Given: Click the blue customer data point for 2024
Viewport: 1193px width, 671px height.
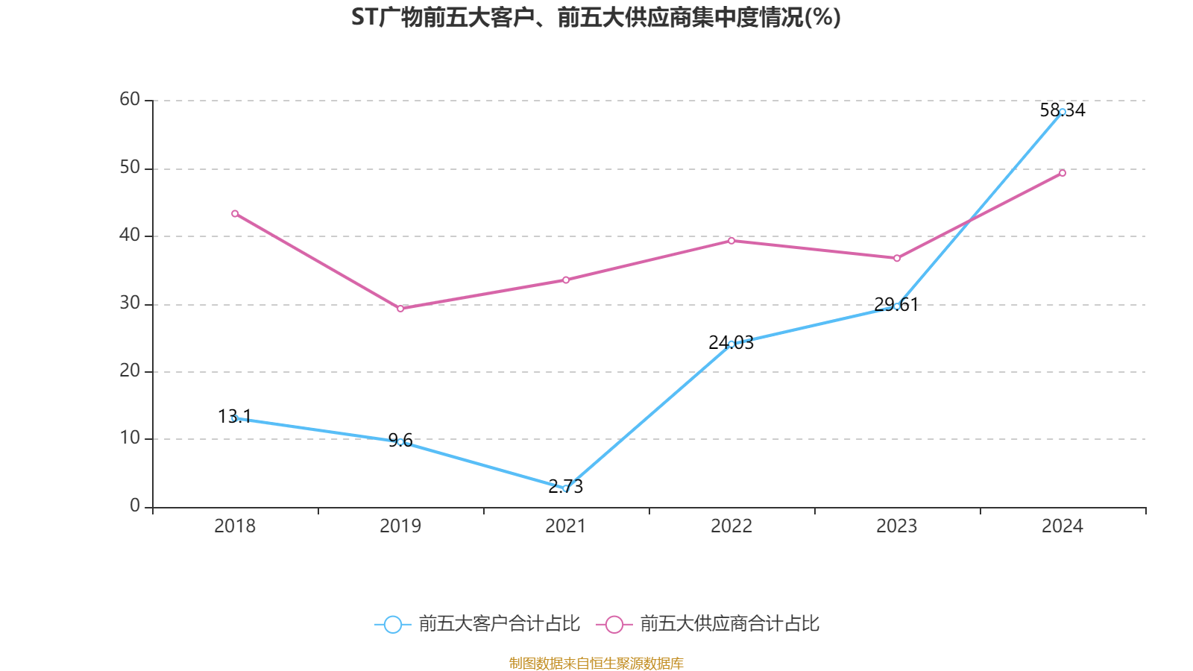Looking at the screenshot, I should pyautogui.click(x=1063, y=112).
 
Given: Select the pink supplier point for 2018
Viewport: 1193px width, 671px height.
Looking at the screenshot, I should pyautogui.click(x=235, y=214).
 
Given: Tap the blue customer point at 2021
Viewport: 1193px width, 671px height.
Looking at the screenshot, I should pyautogui.click(x=566, y=489).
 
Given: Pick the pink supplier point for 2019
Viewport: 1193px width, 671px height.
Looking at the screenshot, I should pyautogui.click(x=400, y=308).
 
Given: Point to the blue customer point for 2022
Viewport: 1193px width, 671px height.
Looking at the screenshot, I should pyautogui.click(x=731, y=344).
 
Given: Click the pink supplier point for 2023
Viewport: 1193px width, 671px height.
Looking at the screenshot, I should pyautogui.click(x=897, y=258).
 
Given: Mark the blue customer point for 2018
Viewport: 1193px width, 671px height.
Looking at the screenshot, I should pyautogui.click(x=235, y=419).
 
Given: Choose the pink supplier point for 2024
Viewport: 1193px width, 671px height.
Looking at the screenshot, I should pyautogui.click(x=1063, y=173).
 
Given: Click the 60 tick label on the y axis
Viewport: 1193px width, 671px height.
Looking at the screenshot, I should pyautogui.click(x=130, y=99).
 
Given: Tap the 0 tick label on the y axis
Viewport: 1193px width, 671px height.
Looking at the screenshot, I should pyautogui.click(x=135, y=506).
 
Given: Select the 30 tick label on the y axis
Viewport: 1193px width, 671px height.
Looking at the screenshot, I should pyautogui.click(x=130, y=303).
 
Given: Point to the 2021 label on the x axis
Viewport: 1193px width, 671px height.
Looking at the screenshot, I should pyautogui.click(x=566, y=526).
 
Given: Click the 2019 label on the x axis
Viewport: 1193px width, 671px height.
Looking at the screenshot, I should pyautogui.click(x=400, y=526).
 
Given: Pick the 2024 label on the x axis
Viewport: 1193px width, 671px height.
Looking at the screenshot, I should pyautogui.click(x=1063, y=526).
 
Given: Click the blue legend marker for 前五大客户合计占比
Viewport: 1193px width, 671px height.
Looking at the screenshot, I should pyautogui.click(x=393, y=624).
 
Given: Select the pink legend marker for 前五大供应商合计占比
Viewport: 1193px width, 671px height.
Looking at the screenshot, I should pyautogui.click(x=614, y=624).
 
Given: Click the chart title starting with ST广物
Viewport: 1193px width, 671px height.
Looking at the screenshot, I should pyautogui.click(x=596, y=17).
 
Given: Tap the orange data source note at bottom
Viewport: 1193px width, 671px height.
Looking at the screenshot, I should pyautogui.click(x=596, y=663).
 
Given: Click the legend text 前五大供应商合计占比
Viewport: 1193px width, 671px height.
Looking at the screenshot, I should pyautogui.click(x=729, y=624).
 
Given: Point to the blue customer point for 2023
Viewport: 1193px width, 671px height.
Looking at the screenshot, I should pyautogui.click(x=897, y=306).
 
